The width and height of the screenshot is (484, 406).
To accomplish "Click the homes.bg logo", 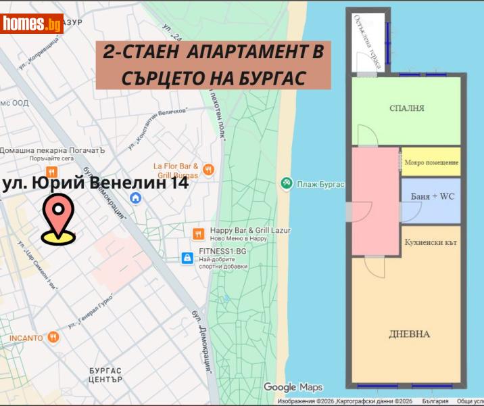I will click(x=32, y=24).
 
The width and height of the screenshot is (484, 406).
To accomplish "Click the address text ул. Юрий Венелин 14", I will click(x=95, y=183).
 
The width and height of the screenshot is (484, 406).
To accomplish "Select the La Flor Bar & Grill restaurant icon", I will click(x=208, y=170).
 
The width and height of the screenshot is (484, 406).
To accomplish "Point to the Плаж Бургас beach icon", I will click(x=287, y=183).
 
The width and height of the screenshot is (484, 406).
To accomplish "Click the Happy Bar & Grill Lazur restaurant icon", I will click(x=198, y=233).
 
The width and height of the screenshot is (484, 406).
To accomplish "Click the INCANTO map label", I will click(x=26, y=337).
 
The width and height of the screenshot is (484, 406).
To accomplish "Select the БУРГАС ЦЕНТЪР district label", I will click(x=105, y=375).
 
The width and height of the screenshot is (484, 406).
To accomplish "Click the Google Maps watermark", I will click(x=293, y=387).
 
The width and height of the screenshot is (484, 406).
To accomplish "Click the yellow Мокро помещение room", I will click(x=431, y=163).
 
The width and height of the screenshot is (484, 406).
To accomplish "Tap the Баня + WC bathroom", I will click(x=431, y=198).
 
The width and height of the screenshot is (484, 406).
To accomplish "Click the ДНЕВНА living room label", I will click(x=409, y=334).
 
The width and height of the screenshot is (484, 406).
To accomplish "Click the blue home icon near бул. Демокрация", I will click(x=136, y=198).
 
